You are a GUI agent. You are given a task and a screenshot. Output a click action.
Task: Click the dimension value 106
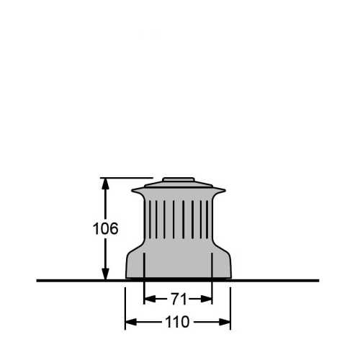(x=106, y=229)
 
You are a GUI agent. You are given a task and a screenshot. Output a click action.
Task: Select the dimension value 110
(x=178, y=322)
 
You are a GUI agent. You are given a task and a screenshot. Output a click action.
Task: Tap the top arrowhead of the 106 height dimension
(x=106, y=183)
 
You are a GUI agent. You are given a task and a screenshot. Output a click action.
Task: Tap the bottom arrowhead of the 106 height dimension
(x=106, y=274)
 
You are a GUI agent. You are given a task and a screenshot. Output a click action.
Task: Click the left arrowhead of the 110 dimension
(x=130, y=322)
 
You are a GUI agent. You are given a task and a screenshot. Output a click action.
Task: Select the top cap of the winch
(x=178, y=181)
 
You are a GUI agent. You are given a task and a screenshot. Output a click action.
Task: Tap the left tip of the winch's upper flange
(x=133, y=192)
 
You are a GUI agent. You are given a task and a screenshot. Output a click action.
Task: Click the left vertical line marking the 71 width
(x=145, y=277)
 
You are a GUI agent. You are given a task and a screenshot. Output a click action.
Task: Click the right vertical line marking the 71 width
(x=212, y=277)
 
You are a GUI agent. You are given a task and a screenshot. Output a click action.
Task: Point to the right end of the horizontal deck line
(x=318, y=280)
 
